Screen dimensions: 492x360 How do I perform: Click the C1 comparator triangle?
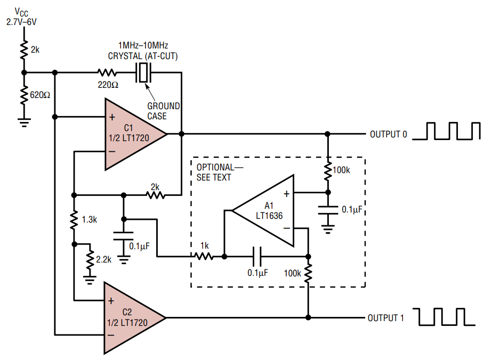132,134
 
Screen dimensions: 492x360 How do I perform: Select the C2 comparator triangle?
131,318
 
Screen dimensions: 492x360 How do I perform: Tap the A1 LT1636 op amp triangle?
267,211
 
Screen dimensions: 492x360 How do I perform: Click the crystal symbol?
143,73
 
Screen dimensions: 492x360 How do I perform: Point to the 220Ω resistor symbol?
107,73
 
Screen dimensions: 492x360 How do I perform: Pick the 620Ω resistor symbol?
24,95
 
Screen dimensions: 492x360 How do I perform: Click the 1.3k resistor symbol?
74,220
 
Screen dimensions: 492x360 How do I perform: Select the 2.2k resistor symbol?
90,260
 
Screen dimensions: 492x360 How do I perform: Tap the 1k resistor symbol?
204,257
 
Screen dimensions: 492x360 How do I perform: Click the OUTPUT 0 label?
389,134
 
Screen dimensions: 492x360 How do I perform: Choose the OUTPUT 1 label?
385,318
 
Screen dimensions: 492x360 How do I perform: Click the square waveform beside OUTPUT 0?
446,131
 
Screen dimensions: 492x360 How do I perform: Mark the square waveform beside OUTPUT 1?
444,317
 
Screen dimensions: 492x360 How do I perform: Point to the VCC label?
21,13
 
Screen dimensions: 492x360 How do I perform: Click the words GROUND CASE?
164,111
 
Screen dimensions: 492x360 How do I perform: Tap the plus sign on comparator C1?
112,117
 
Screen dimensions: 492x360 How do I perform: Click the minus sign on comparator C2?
111,335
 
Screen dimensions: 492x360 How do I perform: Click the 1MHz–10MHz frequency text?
143,45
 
